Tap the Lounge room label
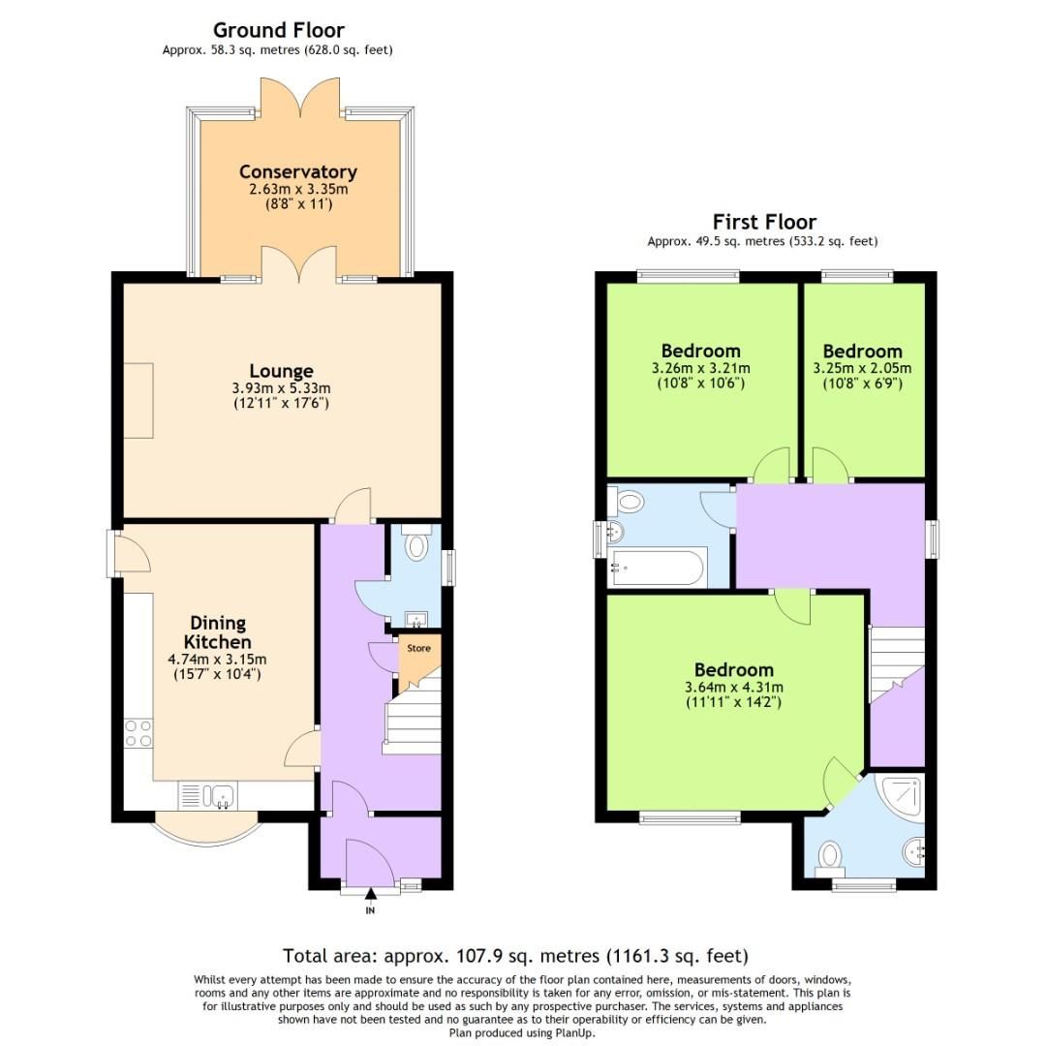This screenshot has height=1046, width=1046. click(x=281, y=371)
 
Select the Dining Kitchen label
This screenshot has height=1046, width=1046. click(x=219, y=631)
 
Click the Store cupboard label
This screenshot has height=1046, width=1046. click(x=417, y=648)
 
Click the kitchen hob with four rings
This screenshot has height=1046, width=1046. click(x=138, y=733)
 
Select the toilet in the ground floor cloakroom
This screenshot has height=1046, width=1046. click(x=416, y=544)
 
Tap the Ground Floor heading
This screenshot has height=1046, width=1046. click(x=278, y=30)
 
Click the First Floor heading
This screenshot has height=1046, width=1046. click(x=764, y=222)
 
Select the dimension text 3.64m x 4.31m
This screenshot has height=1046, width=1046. click(x=733, y=688)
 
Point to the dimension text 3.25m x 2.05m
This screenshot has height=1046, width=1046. click(x=862, y=368)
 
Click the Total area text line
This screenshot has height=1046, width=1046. click(x=515, y=955)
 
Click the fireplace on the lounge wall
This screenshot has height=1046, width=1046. click(x=138, y=401)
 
